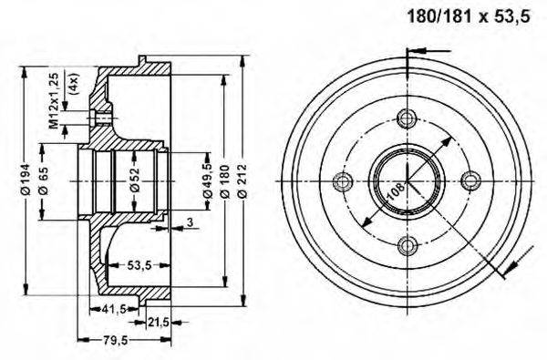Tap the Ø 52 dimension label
pos(133,181)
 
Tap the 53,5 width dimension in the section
pos(138,265)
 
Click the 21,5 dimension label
pos(159,322)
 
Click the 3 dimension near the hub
pos(189,221)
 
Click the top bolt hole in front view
pos(407,117)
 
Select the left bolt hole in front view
pos(344,180)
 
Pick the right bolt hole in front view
pos(470,180)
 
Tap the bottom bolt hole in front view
pos(407,242)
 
